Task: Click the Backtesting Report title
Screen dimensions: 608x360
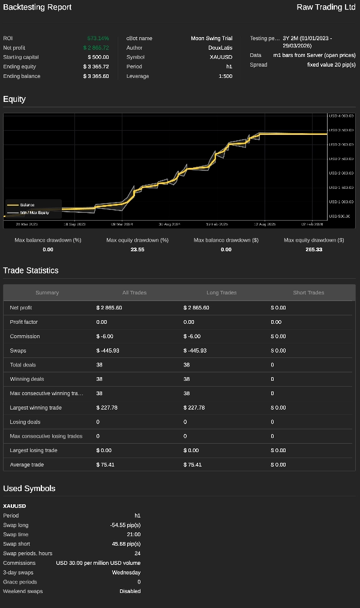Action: click(x=37, y=7)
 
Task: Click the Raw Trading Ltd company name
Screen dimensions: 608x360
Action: click(x=326, y=7)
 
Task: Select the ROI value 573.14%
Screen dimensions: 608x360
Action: click(x=98, y=38)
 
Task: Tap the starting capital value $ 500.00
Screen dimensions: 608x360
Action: click(x=96, y=57)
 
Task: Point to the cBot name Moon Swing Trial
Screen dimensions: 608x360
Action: click(x=211, y=38)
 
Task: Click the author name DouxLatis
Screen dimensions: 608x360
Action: click(x=220, y=48)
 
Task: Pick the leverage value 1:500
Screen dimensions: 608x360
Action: click(x=225, y=76)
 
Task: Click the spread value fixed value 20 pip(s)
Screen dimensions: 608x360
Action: click(x=331, y=65)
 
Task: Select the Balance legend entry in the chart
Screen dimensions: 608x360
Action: click(x=27, y=205)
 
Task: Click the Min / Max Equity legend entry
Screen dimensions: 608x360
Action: click(x=34, y=212)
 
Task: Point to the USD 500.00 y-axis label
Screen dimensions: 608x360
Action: click(x=341, y=216)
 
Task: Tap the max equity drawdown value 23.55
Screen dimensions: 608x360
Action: click(x=137, y=249)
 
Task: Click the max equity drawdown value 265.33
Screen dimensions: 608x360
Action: click(x=314, y=249)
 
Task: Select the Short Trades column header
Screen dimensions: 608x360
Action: click(x=308, y=293)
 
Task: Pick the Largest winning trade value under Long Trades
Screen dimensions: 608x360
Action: click(x=196, y=408)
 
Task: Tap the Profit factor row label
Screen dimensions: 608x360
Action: click(x=25, y=322)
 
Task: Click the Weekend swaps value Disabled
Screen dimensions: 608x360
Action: click(x=130, y=591)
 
